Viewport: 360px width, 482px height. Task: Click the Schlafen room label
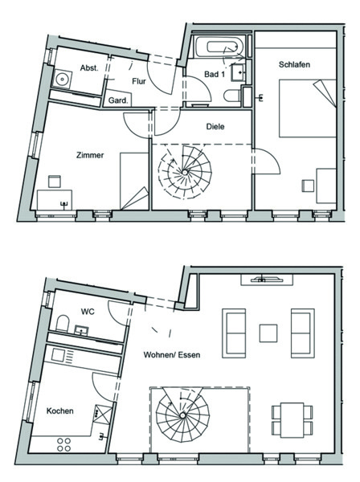click(x=294, y=64)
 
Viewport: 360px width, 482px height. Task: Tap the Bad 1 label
click(x=215, y=74)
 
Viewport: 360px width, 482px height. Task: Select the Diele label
click(x=215, y=126)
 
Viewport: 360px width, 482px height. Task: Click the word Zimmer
click(x=90, y=155)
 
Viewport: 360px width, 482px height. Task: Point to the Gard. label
click(x=118, y=100)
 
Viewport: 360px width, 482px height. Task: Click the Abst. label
click(x=89, y=67)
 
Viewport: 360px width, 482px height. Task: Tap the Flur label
click(x=139, y=81)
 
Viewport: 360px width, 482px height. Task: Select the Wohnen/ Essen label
click(x=172, y=355)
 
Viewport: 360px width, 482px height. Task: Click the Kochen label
click(x=60, y=411)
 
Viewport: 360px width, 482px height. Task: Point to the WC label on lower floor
click(x=88, y=312)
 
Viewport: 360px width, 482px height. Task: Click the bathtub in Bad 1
click(x=219, y=47)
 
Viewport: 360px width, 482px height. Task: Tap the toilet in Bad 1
click(x=232, y=96)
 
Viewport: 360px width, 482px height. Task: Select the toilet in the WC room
click(x=63, y=324)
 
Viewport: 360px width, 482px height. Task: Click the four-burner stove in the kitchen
click(x=64, y=445)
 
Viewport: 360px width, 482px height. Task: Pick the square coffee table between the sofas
click(x=268, y=333)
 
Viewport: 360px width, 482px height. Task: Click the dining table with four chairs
click(x=292, y=420)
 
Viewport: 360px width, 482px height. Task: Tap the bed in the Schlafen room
click(x=308, y=108)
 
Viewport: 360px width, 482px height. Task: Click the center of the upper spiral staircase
click(x=185, y=172)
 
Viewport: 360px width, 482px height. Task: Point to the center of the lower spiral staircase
click(x=182, y=415)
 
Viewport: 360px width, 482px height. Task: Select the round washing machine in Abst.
click(x=63, y=80)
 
